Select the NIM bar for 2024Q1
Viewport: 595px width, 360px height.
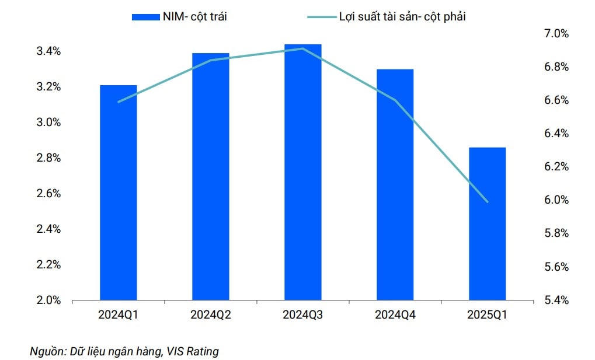coord(119,193)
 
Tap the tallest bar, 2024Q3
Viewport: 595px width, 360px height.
coord(302,172)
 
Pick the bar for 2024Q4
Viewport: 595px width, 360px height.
coord(395,184)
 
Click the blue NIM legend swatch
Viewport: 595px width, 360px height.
coord(145,17)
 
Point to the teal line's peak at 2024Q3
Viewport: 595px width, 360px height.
coord(302,48)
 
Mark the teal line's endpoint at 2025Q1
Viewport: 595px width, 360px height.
coord(487,202)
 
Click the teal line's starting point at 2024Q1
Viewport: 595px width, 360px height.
coord(119,102)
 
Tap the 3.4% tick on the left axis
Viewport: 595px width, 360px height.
coord(48,51)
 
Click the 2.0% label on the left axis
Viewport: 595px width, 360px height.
coord(48,300)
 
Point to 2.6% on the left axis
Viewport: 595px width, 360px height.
coord(48,194)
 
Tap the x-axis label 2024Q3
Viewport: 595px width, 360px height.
coord(302,315)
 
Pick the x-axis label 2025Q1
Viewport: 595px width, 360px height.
coord(487,315)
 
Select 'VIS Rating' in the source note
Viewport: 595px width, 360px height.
coord(192,351)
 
